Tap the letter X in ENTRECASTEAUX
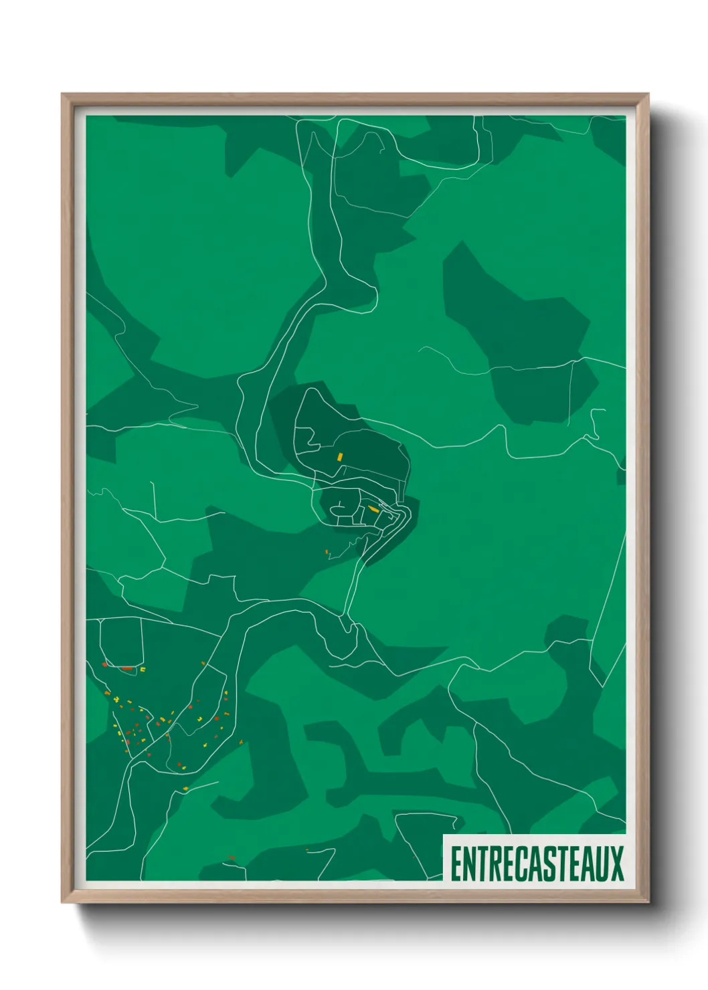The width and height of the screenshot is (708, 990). [x=616, y=863]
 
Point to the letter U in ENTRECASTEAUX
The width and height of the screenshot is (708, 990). [x=602, y=863]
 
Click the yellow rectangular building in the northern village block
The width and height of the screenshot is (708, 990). [x=340, y=458]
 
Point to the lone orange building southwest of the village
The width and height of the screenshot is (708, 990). [x=327, y=553]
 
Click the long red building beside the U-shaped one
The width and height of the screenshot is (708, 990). [x=126, y=668]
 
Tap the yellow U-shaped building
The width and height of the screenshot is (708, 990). [x=142, y=668]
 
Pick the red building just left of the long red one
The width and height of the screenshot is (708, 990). [x=105, y=665]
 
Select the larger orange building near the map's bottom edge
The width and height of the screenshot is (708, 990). [x=232, y=858]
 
